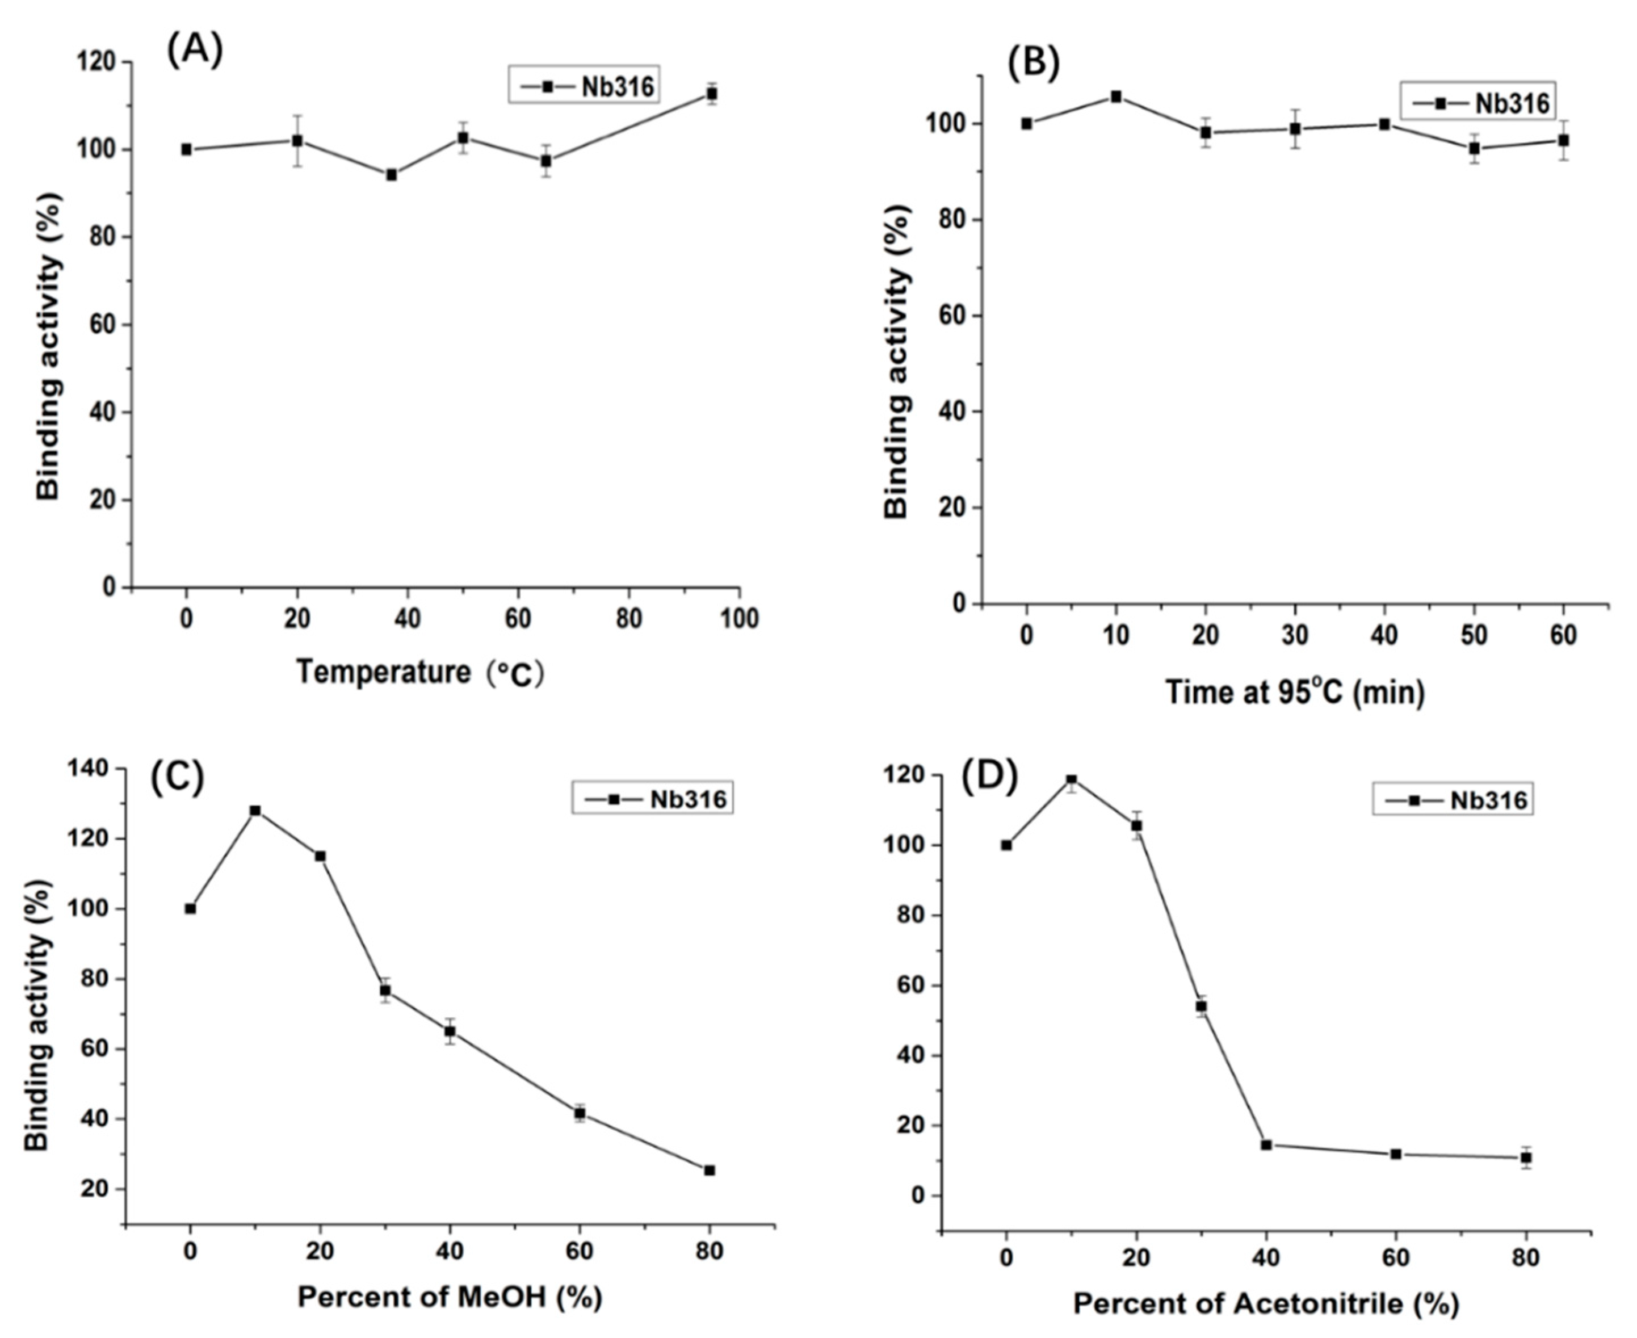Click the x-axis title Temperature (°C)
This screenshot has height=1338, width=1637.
420,673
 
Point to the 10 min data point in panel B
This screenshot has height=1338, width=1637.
1116,97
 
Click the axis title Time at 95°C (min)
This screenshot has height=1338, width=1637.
1295,691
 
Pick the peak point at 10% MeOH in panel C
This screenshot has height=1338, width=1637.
255,811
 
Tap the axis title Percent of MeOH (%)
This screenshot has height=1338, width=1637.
450,1297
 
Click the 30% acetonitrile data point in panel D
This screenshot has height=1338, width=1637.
1201,1006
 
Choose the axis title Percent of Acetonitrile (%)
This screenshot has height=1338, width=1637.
1266,1304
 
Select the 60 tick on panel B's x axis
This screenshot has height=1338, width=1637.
1564,635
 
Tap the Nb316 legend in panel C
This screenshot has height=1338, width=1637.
652,799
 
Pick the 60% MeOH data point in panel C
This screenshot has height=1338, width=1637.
580,1113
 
